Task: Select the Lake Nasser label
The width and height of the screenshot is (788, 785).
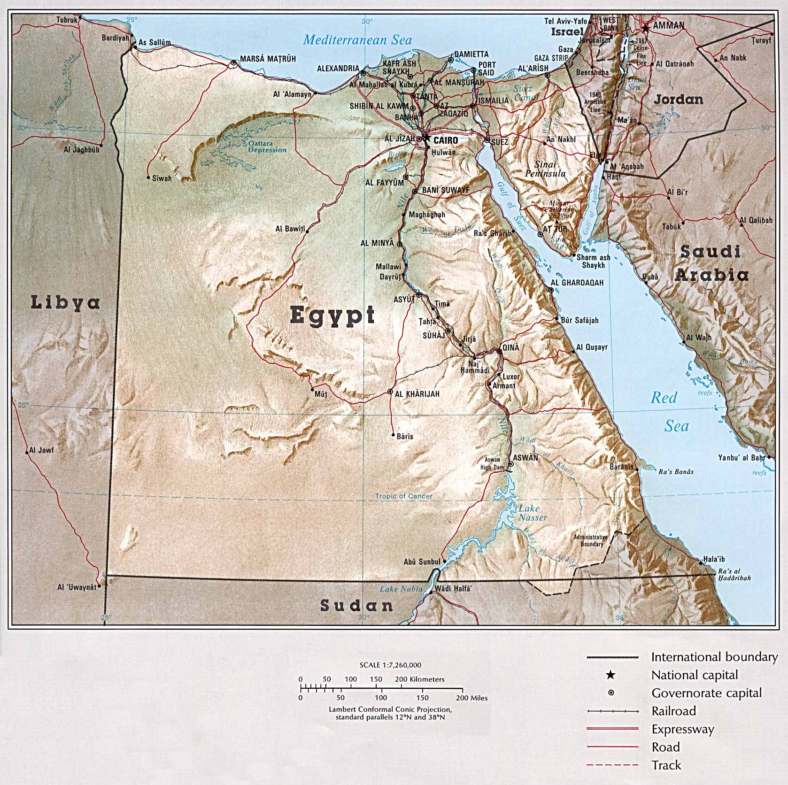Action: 532,513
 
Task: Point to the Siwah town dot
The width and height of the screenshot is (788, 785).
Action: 148,177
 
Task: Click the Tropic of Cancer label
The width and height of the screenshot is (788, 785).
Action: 403,496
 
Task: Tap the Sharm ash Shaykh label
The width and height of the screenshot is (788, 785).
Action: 593,261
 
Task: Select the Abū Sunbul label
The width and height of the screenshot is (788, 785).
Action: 422,562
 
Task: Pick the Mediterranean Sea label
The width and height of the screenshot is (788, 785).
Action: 357,39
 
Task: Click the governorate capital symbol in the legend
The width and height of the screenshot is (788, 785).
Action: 611,693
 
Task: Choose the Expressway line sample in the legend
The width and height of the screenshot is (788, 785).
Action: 612,729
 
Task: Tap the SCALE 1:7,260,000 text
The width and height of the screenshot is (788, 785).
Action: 390,665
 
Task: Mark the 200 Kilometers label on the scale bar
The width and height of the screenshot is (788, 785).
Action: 419,679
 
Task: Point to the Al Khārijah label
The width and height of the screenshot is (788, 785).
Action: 417,394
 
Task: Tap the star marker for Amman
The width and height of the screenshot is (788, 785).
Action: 646,29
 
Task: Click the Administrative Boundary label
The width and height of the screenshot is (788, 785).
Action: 591,540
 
